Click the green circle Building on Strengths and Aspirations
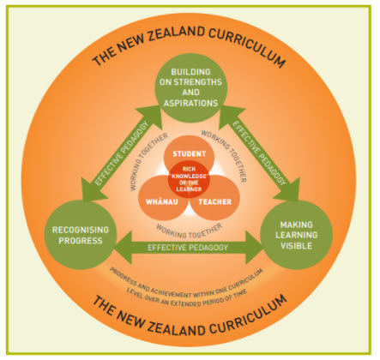(x=190, y=87)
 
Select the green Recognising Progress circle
(x=81, y=235)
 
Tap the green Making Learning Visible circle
(x=296, y=235)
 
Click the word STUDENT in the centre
(x=189, y=154)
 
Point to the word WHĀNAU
(x=162, y=201)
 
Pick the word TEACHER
(x=215, y=202)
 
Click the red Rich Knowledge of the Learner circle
(x=189, y=179)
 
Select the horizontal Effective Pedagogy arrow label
(x=188, y=248)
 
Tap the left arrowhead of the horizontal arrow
(x=123, y=248)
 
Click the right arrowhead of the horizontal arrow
(x=254, y=248)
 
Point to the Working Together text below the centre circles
(x=189, y=231)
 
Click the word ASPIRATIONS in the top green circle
(x=190, y=103)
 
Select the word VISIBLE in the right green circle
(x=296, y=246)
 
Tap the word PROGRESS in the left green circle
(x=81, y=241)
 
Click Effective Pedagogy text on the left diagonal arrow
(x=122, y=153)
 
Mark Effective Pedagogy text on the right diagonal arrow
(x=259, y=153)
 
